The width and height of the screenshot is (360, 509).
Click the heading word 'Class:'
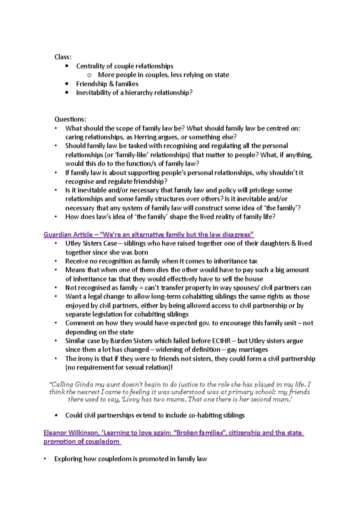coord(63,57)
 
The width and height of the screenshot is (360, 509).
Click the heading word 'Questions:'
coord(70,119)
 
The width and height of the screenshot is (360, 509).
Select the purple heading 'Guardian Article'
coord(68,234)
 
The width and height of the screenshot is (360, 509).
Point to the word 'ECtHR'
coord(221,341)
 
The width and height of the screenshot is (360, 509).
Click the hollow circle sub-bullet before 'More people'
coord(89,75)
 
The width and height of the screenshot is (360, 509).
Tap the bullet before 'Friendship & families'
coord(67,84)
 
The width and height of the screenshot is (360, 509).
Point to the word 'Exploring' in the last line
coord(68,459)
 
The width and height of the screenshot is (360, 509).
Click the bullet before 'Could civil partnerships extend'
coord(56,415)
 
